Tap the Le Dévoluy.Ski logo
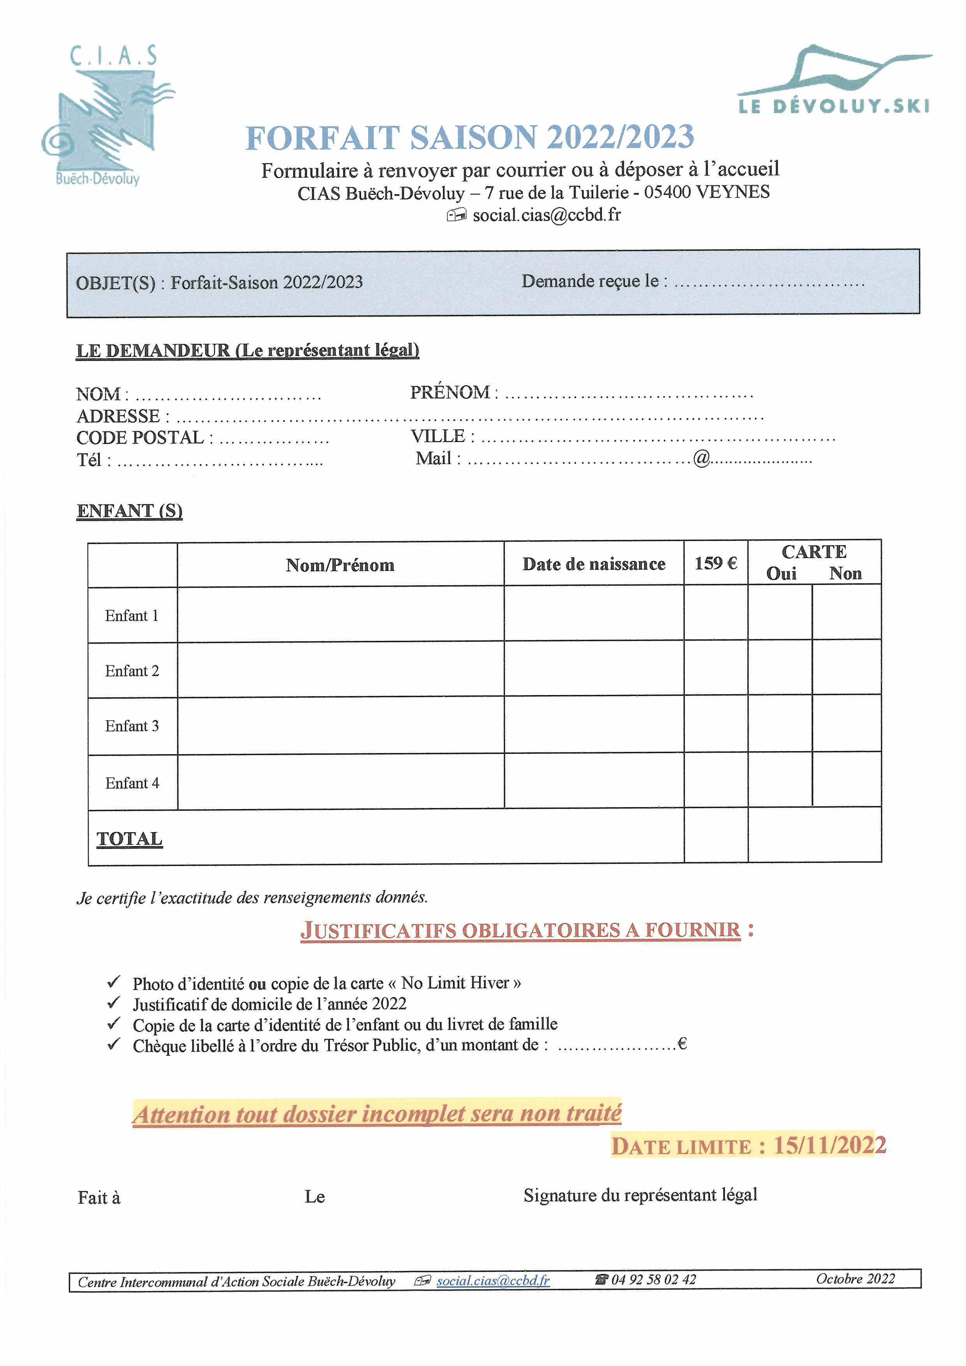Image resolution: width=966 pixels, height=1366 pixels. (833, 80)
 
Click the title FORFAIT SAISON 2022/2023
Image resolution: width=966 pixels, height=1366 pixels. (470, 137)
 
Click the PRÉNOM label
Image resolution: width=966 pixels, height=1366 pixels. (450, 393)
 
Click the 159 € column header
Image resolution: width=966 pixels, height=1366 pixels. (716, 563)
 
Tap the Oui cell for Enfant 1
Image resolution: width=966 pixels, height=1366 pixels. (780, 613)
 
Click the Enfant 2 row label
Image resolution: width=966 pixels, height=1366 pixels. (132, 671)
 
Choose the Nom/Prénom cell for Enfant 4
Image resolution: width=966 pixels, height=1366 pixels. (340, 782)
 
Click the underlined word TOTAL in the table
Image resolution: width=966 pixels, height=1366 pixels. (129, 838)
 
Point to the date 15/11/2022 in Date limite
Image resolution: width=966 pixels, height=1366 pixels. (830, 1145)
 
